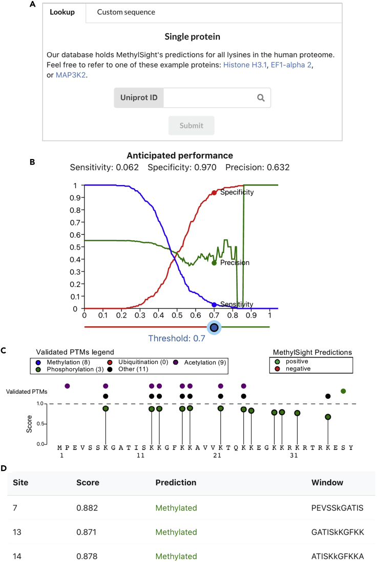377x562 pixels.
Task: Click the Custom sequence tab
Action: [126, 12]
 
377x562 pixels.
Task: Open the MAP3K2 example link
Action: [68, 76]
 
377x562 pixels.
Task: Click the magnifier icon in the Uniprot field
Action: [261, 98]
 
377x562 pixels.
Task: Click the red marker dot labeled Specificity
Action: [214, 193]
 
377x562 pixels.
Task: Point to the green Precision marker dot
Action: [214, 263]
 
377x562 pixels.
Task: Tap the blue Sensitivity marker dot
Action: [214, 304]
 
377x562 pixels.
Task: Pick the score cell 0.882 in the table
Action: [87, 508]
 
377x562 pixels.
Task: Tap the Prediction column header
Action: [176, 482]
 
